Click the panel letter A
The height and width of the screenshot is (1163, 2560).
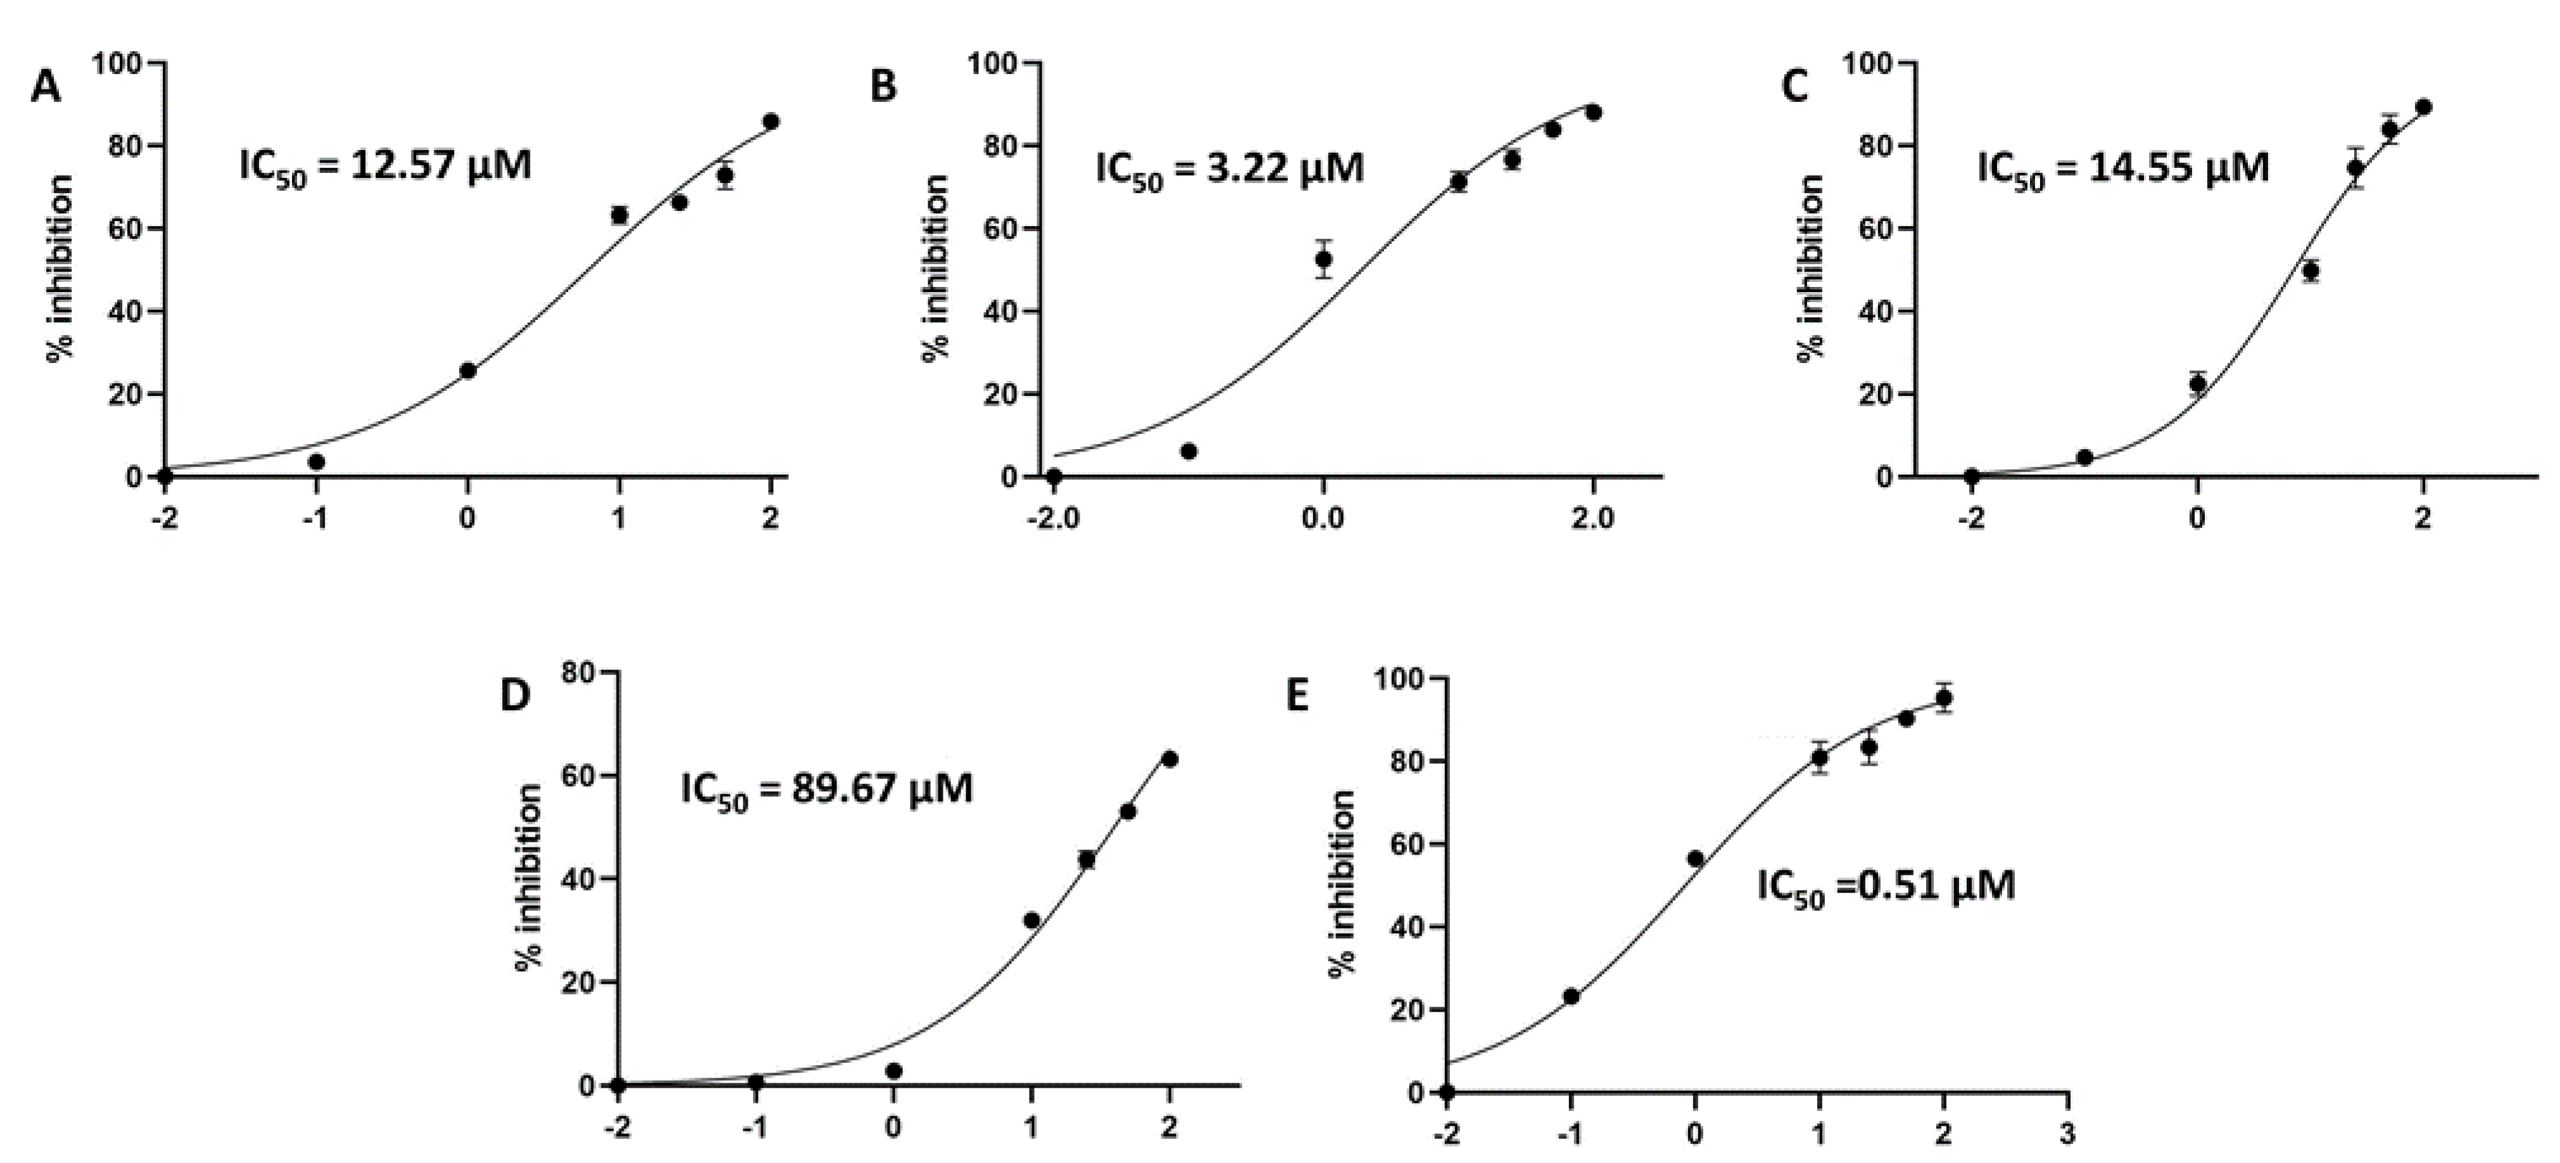tap(46, 87)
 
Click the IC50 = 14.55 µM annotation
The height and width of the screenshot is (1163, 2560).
tap(2122, 168)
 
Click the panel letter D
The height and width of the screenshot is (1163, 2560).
tap(515, 696)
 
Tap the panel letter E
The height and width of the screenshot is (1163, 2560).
tap(1297, 696)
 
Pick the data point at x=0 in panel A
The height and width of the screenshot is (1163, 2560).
tap(468, 371)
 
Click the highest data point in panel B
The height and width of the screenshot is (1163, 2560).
tap(1593, 112)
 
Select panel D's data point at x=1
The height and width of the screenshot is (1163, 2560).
tap(1031, 920)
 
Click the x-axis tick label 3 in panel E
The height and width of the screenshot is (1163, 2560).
tap(2067, 1134)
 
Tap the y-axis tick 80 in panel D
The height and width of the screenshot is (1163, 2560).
tap(578, 673)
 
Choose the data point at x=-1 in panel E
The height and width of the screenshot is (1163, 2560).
tap(1571, 996)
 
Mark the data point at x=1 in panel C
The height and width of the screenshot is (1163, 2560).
tap(2311, 270)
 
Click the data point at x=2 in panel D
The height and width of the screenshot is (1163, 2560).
tap(1170, 759)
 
